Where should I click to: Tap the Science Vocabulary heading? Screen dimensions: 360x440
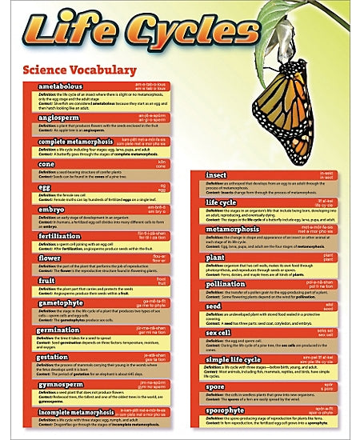click(x=79, y=70)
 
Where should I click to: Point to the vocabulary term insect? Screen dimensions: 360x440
click(x=216, y=174)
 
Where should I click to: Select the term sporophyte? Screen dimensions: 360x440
click(x=227, y=411)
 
